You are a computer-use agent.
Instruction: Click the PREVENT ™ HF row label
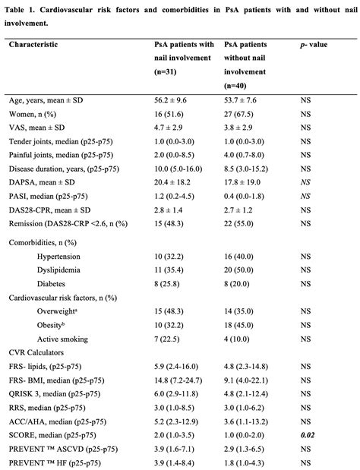click(52, 462)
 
